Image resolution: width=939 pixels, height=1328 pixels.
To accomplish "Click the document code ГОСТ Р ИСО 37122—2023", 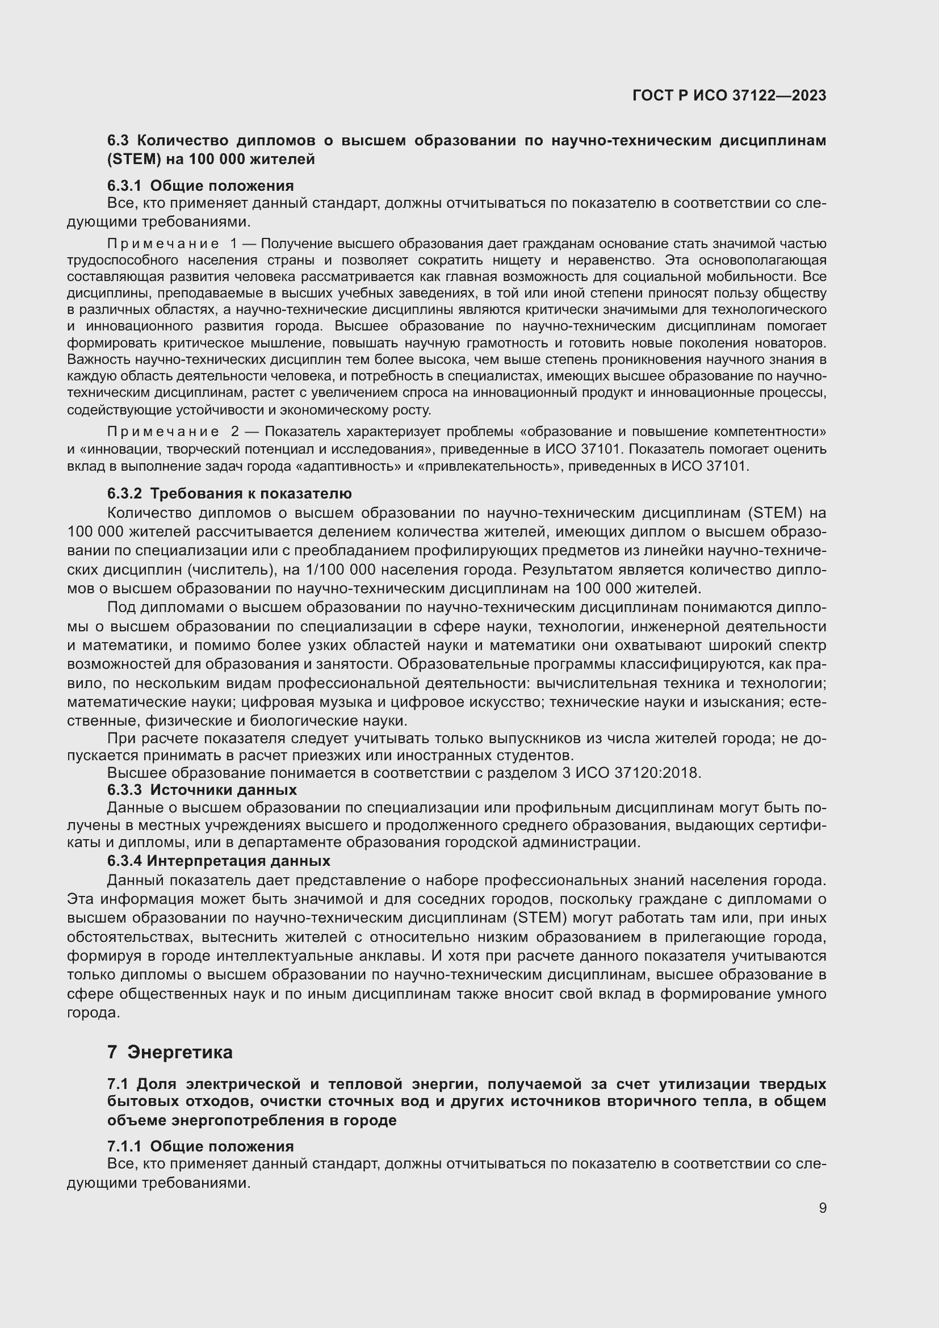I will (x=729, y=95).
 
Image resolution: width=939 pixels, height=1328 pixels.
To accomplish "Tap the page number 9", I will (x=822, y=1208).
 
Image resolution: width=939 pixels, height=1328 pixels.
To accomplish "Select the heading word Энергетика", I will (x=180, y=1052).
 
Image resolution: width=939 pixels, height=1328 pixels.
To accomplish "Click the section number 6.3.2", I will (x=124, y=493).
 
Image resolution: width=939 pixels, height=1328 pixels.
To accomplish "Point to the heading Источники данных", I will (x=223, y=790).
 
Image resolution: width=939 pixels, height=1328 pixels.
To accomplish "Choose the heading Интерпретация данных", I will (x=238, y=861).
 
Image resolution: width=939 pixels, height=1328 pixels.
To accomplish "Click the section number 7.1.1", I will (x=124, y=1146).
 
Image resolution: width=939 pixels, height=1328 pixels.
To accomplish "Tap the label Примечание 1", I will (x=171, y=244).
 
